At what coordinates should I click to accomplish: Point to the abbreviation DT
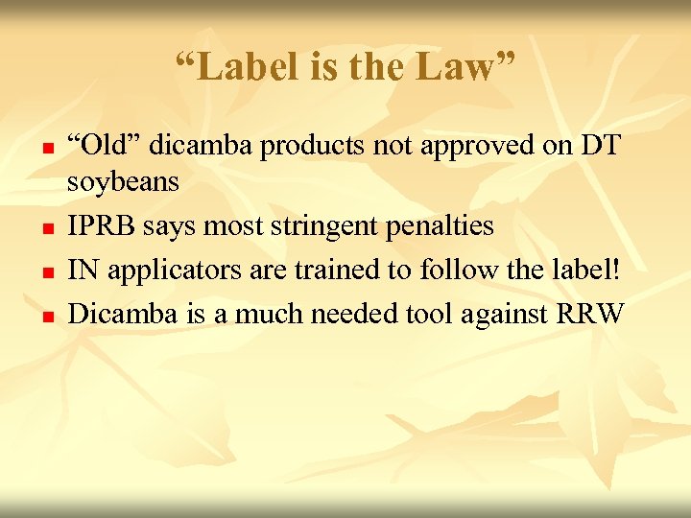coord(599,146)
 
